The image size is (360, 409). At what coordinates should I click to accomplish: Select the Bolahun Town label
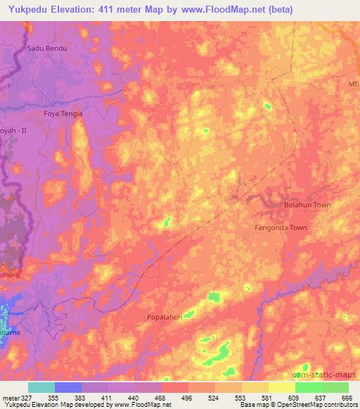(x=307, y=204)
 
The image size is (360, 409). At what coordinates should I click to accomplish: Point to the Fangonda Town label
(x=281, y=228)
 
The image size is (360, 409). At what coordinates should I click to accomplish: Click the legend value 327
(x=25, y=398)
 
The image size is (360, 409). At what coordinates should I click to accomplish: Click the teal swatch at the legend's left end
(x=41, y=387)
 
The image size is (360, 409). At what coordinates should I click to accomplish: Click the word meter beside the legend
(x=10, y=398)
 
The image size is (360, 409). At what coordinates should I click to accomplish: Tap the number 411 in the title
(x=119, y=10)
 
